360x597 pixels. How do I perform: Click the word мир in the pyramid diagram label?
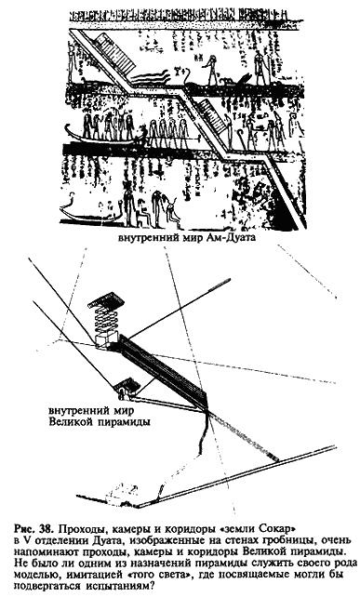click(121, 412)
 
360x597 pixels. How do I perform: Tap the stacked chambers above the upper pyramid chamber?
click(104, 312)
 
